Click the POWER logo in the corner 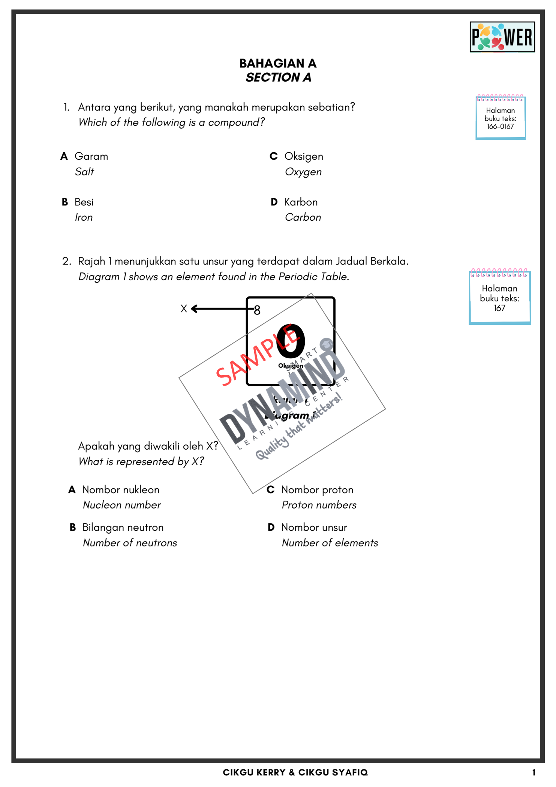click(x=502, y=37)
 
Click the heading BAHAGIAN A click(x=278, y=63)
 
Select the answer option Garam click(x=91, y=156)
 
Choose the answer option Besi click(x=84, y=202)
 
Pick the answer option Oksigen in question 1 click(x=303, y=156)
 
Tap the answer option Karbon click(x=301, y=202)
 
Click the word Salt click(x=84, y=172)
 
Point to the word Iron click(x=84, y=217)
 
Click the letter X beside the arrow click(x=184, y=308)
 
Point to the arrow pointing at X click(x=221, y=308)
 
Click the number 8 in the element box click(x=257, y=310)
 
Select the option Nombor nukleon click(x=121, y=490)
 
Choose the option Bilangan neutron click(x=123, y=527)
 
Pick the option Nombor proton click(x=317, y=490)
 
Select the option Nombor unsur click(x=314, y=527)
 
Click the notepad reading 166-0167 click(x=500, y=118)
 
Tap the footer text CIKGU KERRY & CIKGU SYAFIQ click(x=295, y=772)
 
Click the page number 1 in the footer click(x=534, y=772)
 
